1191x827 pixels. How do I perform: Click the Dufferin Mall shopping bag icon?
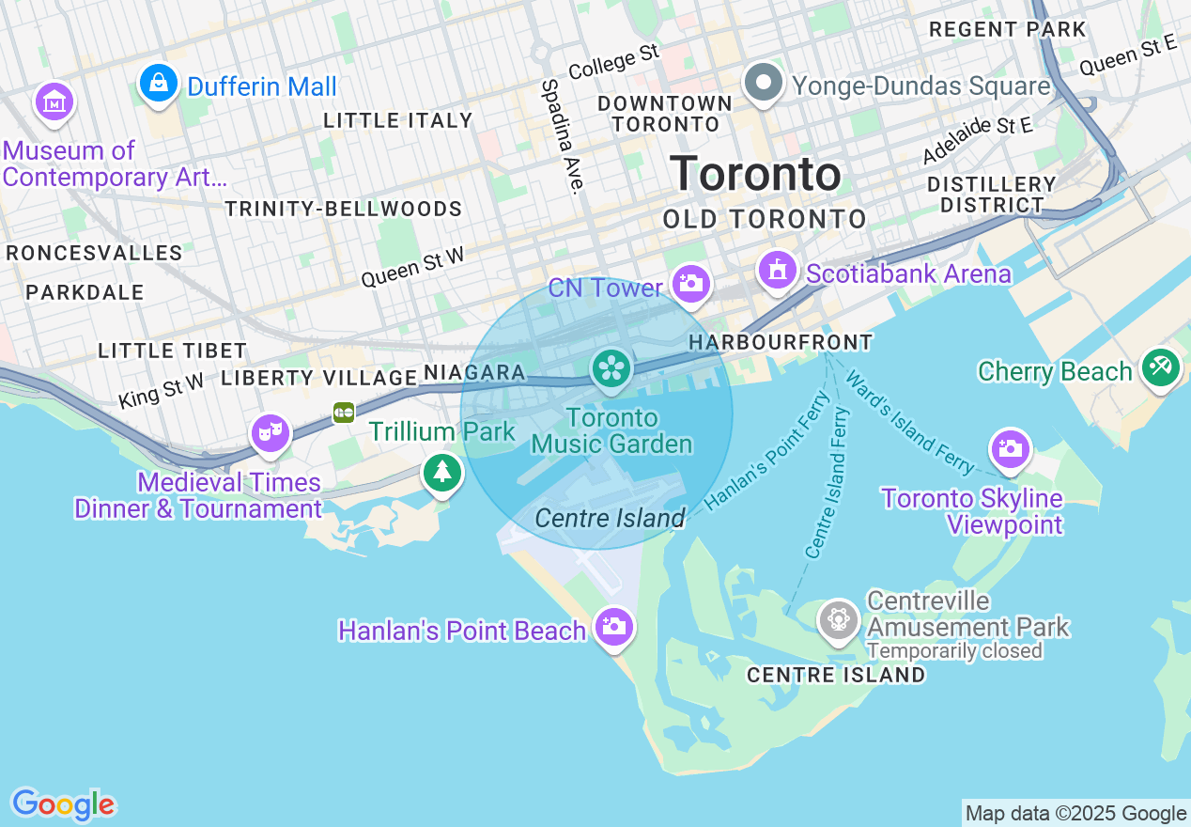click(160, 84)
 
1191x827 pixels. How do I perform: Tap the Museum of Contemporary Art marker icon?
click(54, 101)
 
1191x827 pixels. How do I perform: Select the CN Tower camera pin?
click(690, 283)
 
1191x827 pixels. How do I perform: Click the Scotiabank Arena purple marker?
click(777, 272)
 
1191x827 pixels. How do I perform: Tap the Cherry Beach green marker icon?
click(1161, 367)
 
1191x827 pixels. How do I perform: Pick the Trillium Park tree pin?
click(442, 472)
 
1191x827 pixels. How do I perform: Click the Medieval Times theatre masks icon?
click(270, 433)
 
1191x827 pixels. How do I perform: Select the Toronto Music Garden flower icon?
click(611, 367)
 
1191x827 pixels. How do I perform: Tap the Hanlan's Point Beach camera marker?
click(615, 626)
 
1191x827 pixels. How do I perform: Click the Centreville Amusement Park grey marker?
click(838, 620)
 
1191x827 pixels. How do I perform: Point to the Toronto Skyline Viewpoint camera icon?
click(1011, 448)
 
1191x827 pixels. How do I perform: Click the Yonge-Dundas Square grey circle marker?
click(764, 83)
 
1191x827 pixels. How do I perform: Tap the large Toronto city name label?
click(756, 175)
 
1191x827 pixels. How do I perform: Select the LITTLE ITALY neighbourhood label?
click(397, 120)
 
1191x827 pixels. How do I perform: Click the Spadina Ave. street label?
click(562, 135)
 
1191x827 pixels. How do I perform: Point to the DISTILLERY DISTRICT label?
click(991, 195)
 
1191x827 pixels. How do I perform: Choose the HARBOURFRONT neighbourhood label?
click(781, 343)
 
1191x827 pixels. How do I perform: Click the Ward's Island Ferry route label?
click(909, 422)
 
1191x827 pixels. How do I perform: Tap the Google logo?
click(63, 804)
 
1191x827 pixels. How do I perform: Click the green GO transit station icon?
click(344, 412)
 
